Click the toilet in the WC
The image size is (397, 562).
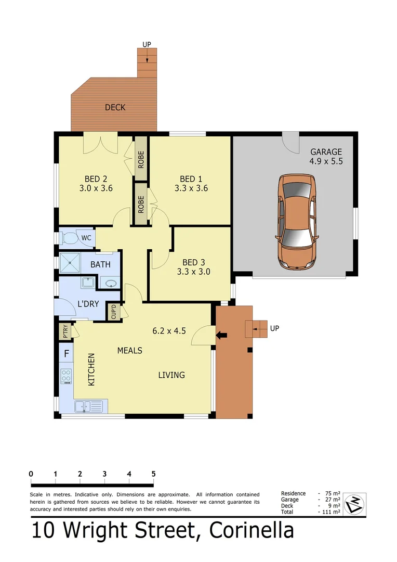[x=69, y=239]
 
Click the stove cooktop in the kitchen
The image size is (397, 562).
[x=66, y=376]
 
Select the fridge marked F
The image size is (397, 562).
[x=66, y=354]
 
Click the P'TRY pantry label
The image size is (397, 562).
[x=65, y=332]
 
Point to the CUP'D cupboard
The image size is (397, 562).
[x=113, y=312]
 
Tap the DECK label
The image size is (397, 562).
[x=115, y=108]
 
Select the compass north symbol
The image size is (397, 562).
[x=355, y=503]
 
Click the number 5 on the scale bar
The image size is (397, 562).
[x=153, y=474]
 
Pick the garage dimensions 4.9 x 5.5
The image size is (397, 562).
[x=326, y=157]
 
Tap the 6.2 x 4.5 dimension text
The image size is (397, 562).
[x=169, y=330]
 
